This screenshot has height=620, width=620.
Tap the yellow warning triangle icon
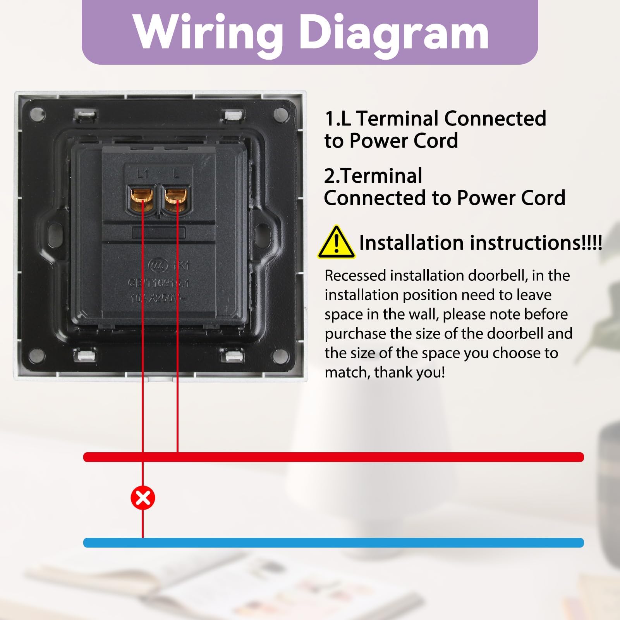336,243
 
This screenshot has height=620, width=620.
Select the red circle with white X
143,498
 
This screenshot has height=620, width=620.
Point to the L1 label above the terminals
143,174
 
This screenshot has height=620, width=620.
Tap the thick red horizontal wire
333,457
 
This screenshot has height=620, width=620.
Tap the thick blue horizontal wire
333,543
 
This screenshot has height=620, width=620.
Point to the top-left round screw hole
40,115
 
